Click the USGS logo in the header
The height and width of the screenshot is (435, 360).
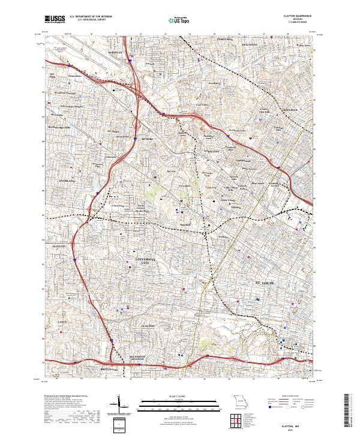(x=55, y=20)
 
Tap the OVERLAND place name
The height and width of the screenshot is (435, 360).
(x=68, y=179)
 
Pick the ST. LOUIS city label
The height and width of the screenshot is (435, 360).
(x=264, y=280)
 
